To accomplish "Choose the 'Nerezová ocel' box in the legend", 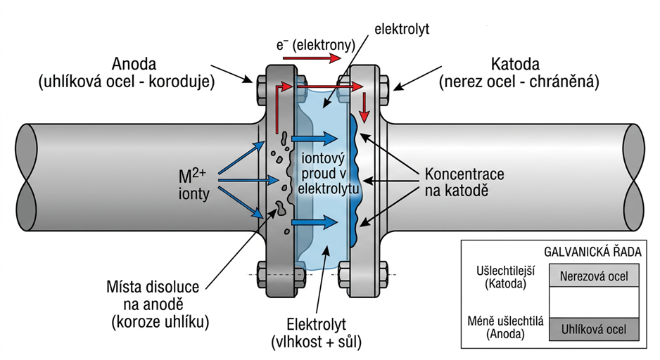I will [594, 276].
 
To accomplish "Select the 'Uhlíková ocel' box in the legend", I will [594, 328].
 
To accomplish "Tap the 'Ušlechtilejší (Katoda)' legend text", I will [504, 277].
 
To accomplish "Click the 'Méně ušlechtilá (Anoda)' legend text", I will [504, 328].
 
